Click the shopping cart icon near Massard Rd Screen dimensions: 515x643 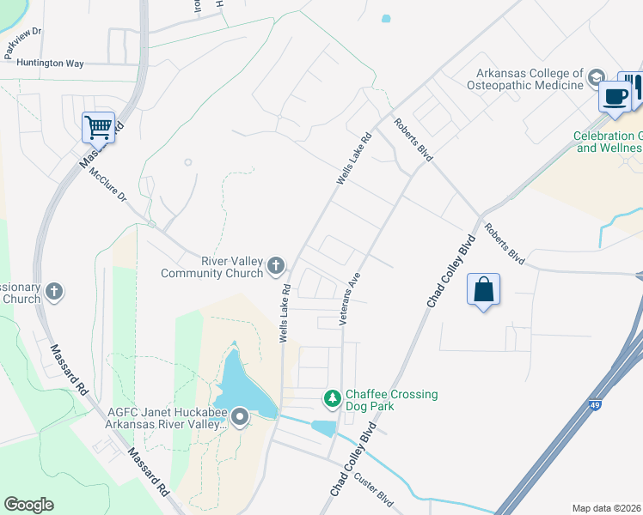pos(99,127)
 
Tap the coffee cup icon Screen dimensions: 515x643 pos(615,96)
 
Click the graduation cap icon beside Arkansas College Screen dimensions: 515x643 pos(595,79)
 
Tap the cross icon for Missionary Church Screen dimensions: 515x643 pos(53,292)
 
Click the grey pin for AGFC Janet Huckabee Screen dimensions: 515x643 pos(239,418)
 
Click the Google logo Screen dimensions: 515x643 pos(28,505)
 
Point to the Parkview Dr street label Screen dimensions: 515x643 pos(23,43)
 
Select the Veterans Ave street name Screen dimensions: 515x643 pos(352,296)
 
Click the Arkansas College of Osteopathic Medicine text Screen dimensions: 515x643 pos(524,79)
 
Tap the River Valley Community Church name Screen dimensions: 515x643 pos(219,267)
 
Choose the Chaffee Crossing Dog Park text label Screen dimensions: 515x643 pos(391,400)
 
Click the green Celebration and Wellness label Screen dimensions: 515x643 pos(609,142)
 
